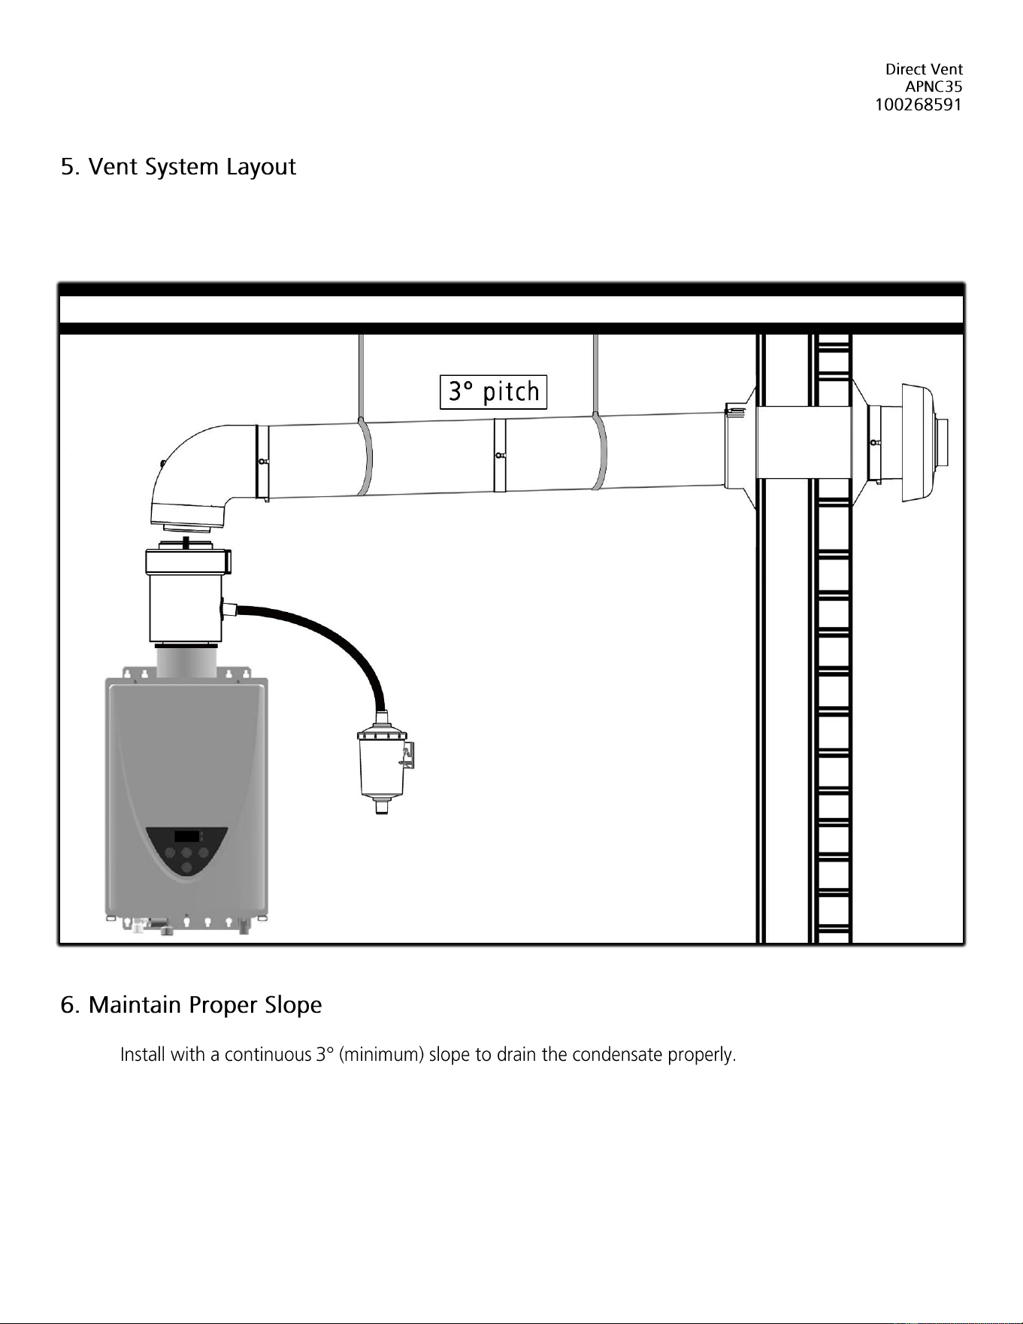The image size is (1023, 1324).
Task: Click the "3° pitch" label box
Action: click(493, 392)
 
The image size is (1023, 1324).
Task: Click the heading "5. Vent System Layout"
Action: click(178, 167)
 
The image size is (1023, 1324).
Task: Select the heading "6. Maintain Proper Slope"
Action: click(191, 1005)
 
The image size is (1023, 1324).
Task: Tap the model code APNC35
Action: click(934, 86)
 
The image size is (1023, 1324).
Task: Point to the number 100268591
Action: click(919, 105)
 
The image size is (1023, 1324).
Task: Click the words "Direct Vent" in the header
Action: click(924, 69)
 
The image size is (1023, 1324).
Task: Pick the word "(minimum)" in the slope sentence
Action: click(382, 1055)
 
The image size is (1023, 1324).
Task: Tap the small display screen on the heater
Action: click(187, 836)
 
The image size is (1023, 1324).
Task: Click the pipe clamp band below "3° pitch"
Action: click(500, 455)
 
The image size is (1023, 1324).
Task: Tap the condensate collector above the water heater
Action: click(187, 594)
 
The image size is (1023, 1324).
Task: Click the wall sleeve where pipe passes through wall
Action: click(803, 443)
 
